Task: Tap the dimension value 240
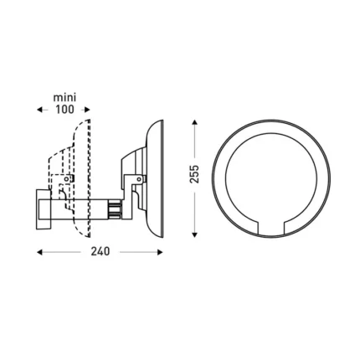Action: pyautogui.click(x=100, y=251)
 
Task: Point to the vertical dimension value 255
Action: pyautogui.click(x=195, y=173)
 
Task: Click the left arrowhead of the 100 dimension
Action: pyautogui.click(x=39, y=110)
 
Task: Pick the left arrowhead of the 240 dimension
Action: pyautogui.click(x=39, y=251)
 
